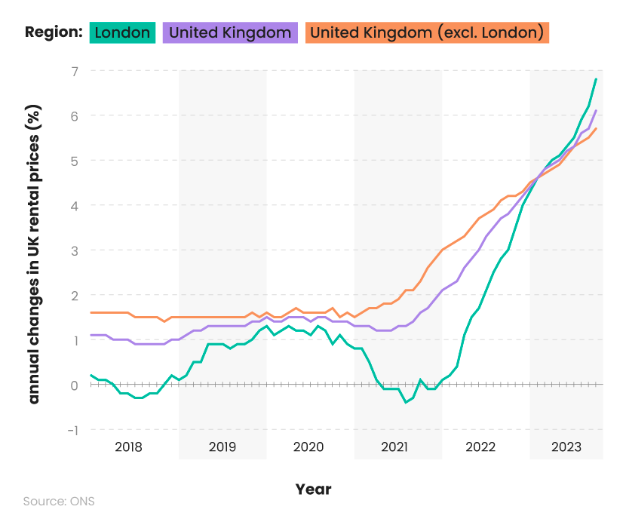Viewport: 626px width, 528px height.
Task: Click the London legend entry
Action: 122,32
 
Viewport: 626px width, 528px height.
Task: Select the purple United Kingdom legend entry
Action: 230,32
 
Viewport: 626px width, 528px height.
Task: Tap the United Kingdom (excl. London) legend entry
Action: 427,32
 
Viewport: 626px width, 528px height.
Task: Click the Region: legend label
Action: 53,32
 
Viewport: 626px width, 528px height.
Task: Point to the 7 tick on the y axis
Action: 74,71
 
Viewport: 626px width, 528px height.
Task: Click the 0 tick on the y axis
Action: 74,385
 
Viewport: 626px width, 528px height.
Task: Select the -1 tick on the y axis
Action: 72,430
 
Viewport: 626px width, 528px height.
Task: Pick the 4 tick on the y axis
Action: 74,205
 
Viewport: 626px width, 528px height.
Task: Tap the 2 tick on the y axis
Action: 74,295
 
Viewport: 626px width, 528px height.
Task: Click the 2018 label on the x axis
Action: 128,447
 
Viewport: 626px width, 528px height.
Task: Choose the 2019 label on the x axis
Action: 222,447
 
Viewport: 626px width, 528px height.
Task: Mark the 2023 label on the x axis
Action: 566,447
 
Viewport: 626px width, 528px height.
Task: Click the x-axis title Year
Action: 313,490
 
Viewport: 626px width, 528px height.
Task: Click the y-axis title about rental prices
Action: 34,250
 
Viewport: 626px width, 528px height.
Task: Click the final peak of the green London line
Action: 597,79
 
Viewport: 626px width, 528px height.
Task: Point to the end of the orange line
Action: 597,128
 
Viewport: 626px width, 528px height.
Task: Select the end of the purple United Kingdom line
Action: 597,111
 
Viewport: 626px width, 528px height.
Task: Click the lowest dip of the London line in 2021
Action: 405,402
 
